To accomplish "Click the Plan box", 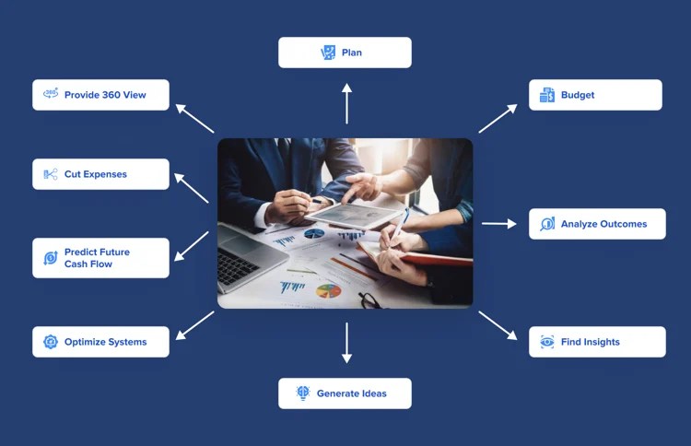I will pyautogui.click(x=345, y=53).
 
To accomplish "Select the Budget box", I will pyautogui.click(x=595, y=95).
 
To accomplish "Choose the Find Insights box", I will pyautogui.click(x=597, y=342).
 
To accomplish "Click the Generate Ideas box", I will pyautogui.click(x=345, y=393).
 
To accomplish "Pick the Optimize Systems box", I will pyautogui.click(x=100, y=342).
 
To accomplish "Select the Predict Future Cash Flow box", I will pyautogui.click(x=100, y=258).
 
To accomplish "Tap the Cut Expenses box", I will pyautogui.click(x=100, y=174).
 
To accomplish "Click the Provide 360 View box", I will pyautogui.click(x=100, y=95).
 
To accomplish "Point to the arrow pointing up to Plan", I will pyautogui.click(x=346, y=103).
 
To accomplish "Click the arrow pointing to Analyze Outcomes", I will pyautogui.click(x=498, y=223).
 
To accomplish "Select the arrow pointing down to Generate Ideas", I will pyautogui.click(x=346, y=342).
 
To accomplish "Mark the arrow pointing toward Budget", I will pyautogui.click(x=498, y=118).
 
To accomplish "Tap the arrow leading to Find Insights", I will pyautogui.click(x=498, y=325).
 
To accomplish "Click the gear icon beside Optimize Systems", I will pyautogui.click(x=51, y=342).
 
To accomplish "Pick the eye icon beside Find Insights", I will pyautogui.click(x=547, y=342).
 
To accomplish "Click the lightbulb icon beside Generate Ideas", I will pyautogui.click(x=303, y=393).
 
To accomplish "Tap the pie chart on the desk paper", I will pyautogui.click(x=329, y=291).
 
